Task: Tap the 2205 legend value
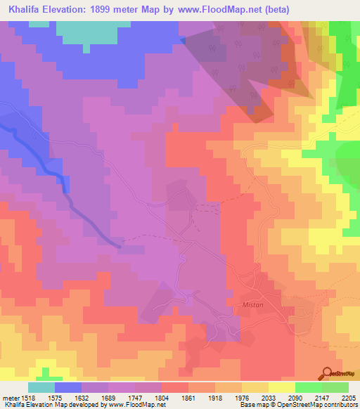(x=349, y=397)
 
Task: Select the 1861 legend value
(x=188, y=397)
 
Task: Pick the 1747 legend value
(x=135, y=397)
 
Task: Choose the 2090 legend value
(x=295, y=397)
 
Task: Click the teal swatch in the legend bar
(x=41, y=387)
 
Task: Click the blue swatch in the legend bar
(x=68, y=387)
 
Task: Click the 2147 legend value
(x=322, y=397)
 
